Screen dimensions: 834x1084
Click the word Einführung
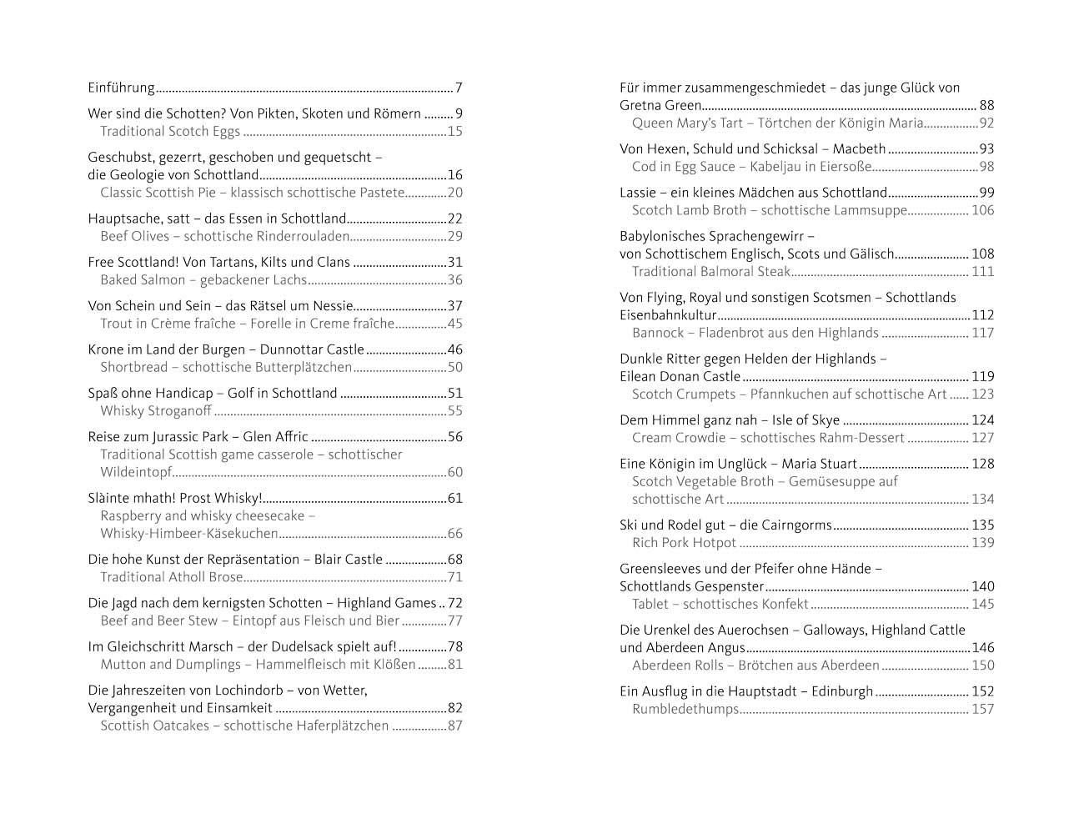121,88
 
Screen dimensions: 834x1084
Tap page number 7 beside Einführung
459,88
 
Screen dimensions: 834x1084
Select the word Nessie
334,306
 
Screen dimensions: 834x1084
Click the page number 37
454,306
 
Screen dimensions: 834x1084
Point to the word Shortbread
133,368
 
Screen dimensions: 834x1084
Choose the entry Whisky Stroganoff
155,411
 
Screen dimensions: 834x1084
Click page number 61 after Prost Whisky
454,499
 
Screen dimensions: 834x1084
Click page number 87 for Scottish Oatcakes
454,726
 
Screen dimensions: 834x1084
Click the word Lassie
638,193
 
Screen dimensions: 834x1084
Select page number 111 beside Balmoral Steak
982,272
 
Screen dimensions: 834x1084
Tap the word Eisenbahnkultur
668,315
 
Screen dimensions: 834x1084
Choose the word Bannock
658,334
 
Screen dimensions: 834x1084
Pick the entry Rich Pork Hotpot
684,544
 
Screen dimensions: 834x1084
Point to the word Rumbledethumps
685,710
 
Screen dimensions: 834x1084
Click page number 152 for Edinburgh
982,691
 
